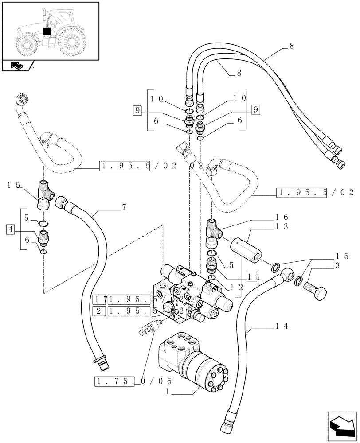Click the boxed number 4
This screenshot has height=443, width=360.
click(x=10, y=229)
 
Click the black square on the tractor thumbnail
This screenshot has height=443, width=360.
click(x=47, y=31)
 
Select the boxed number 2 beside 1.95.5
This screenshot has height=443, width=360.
click(x=100, y=311)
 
